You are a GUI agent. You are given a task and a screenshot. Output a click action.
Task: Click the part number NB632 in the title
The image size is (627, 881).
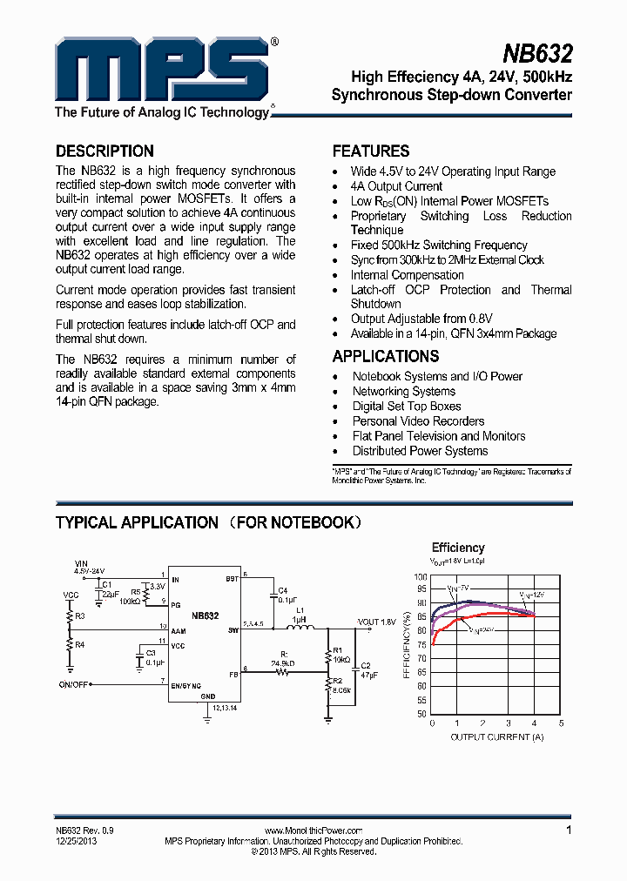point(538,55)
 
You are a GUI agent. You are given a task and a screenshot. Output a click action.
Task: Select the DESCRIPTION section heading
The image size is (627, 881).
point(104,151)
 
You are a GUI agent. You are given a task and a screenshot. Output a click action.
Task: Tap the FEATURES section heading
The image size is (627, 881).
point(371,151)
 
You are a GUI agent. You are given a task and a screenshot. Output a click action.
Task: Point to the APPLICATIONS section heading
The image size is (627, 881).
point(386,356)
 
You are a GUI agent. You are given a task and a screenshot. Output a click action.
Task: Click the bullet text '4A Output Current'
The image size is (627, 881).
point(396,186)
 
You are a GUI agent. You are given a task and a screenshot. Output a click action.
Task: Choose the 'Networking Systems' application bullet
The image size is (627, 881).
point(404,392)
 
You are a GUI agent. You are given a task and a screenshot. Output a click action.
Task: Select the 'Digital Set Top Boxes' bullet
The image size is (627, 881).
point(407,407)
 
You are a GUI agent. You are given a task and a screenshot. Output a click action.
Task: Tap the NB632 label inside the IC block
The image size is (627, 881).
point(205,615)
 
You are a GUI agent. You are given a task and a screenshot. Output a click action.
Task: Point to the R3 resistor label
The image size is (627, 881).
point(80,616)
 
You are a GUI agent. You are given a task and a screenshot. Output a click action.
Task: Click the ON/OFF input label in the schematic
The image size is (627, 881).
point(75,684)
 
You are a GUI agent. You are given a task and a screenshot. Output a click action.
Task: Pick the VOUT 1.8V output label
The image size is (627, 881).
point(376,622)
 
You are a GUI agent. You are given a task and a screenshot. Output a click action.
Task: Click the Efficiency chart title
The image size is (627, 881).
point(458,548)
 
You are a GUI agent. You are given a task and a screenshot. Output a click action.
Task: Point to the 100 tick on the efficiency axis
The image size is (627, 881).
point(420,576)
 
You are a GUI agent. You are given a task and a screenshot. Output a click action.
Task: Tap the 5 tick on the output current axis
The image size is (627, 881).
point(562,723)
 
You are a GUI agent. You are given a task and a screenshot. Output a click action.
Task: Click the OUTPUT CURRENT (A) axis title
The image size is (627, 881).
point(496,737)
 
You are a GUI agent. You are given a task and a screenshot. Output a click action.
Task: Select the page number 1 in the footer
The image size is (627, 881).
point(569,831)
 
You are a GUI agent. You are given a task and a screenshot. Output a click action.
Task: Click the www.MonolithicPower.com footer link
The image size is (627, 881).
point(313,831)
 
